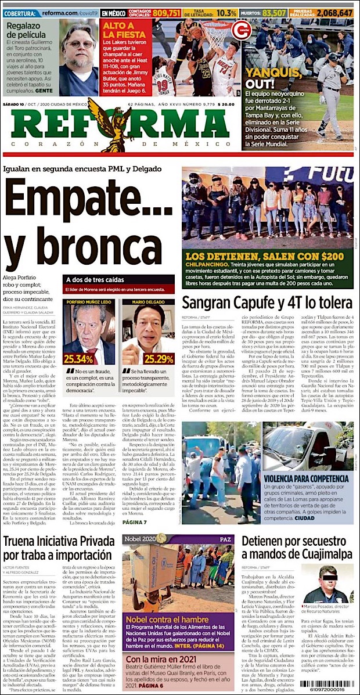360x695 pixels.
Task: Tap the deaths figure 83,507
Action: pyautogui.click(x=274, y=12)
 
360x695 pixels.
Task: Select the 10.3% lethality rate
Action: pyautogui.click(x=226, y=12)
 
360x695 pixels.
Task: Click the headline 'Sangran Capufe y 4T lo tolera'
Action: pyautogui.click(x=267, y=303)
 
